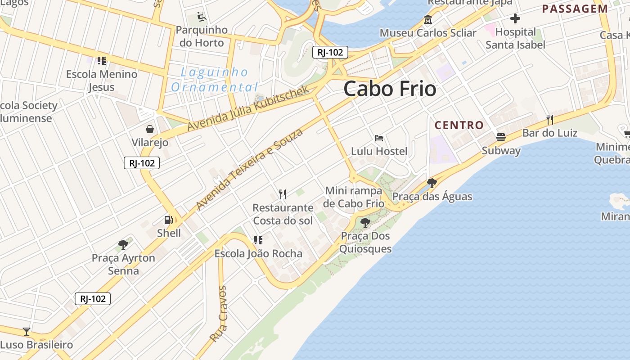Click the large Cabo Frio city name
coord(390,89)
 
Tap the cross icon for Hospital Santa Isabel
coord(515,18)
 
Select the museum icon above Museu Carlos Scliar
coord(427,20)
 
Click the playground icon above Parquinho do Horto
coord(202,17)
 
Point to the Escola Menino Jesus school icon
coord(102,60)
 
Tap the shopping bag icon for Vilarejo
coord(150,130)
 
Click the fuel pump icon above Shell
coord(169,220)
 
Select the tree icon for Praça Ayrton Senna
coord(123,245)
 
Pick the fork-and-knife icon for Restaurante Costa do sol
coord(283,194)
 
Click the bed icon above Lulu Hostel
coord(379,138)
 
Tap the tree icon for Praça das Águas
coord(432,183)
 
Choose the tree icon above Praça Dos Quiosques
coord(365,222)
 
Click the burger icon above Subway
coord(501,137)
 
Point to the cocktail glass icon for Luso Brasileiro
coord(27,332)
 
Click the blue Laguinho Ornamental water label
coord(215,80)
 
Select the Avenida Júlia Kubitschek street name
coord(248,108)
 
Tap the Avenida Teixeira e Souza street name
coord(249,169)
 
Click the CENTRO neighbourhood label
coord(459,125)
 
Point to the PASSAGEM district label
coord(575,9)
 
